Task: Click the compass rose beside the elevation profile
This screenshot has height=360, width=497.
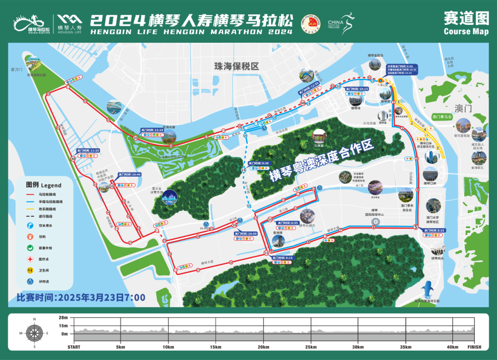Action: click(x=35, y=332)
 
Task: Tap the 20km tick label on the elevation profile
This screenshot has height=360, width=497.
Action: click(x=263, y=347)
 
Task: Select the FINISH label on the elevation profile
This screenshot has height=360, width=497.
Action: click(x=474, y=347)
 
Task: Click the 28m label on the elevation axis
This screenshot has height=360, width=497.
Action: click(x=63, y=318)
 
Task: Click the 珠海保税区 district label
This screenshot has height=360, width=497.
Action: click(x=237, y=66)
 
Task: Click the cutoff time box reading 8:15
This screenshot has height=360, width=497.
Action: click(x=434, y=230)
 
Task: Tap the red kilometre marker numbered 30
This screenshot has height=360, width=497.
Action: click(x=73, y=158)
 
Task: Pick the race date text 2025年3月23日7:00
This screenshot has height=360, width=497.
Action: click(x=81, y=298)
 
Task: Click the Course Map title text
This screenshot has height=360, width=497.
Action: click(x=466, y=31)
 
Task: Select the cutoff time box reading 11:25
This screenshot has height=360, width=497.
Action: click(x=88, y=151)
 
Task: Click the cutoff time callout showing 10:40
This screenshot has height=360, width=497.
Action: click(x=130, y=174)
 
